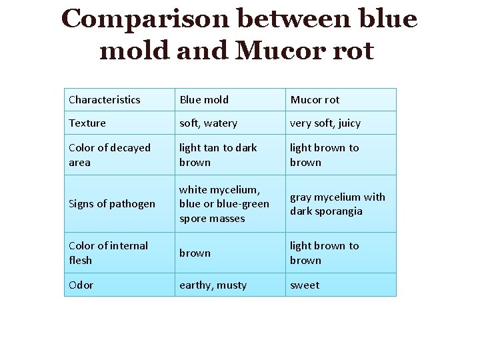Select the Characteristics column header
pos(105,100)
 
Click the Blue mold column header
pos(204,100)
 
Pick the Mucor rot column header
pos(315,100)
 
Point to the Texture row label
pos(87,123)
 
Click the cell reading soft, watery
pos(208,123)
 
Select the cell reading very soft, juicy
pos(325,123)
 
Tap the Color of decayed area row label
pos(109,155)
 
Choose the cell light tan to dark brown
pos(218,155)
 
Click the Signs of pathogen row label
pos(112,204)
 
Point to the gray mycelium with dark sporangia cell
pos(337,204)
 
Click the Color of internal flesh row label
pos(108,253)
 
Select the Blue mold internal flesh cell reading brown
pos(195,253)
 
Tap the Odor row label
pos(81,285)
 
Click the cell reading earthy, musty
pos(213,285)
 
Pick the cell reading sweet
pos(305,285)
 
